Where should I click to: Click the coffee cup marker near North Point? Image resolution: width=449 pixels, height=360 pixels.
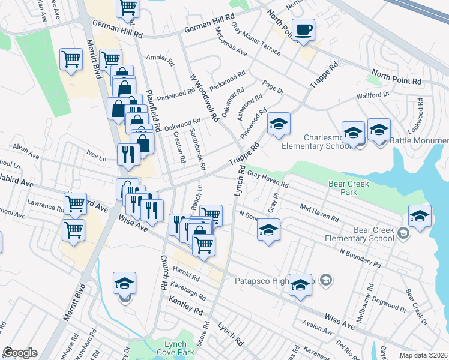(304, 30)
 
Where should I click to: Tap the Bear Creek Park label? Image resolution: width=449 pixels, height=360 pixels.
(349, 188)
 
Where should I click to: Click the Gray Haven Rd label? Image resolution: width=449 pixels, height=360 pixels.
(268, 180)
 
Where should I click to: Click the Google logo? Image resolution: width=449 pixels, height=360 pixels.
(20, 353)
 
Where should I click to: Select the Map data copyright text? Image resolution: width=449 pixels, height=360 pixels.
(423, 355)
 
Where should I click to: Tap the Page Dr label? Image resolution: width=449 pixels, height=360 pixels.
(273, 87)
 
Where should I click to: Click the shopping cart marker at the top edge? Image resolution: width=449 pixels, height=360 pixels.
(128, 7)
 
